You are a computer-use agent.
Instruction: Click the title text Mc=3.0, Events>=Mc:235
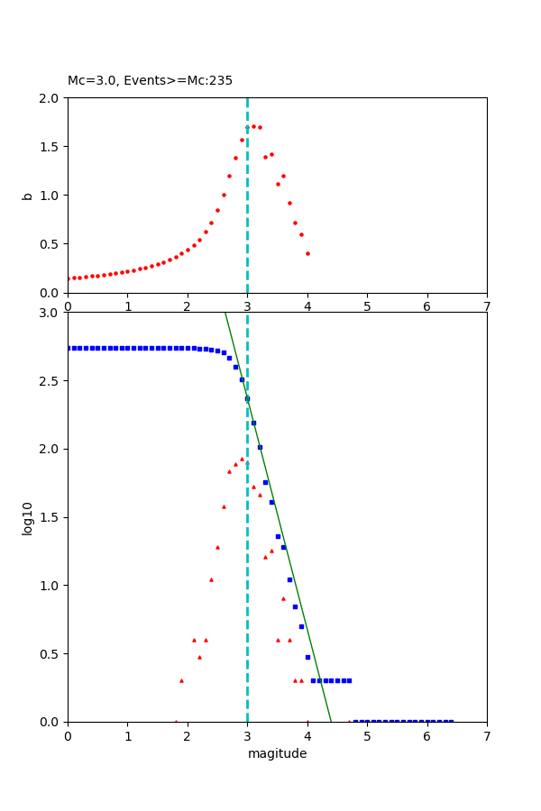(150, 80)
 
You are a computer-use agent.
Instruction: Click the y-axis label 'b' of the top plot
(27, 195)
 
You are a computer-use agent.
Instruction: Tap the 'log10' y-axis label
(27, 517)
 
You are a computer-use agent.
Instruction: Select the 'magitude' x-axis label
(277, 753)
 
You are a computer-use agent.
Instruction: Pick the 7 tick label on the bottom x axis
(487, 735)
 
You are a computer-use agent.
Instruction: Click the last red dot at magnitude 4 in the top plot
(307, 253)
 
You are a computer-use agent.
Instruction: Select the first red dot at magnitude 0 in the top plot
(69, 278)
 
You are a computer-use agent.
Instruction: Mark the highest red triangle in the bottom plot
(242, 459)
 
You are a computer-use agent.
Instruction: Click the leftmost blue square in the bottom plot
(69, 348)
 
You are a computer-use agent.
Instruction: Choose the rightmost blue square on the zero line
(451, 721)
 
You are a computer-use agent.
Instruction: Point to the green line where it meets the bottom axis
(331, 721)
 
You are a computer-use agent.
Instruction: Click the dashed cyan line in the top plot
(247, 207)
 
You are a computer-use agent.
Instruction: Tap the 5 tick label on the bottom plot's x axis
(367, 735)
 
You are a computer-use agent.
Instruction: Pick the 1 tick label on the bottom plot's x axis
(127, 735)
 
